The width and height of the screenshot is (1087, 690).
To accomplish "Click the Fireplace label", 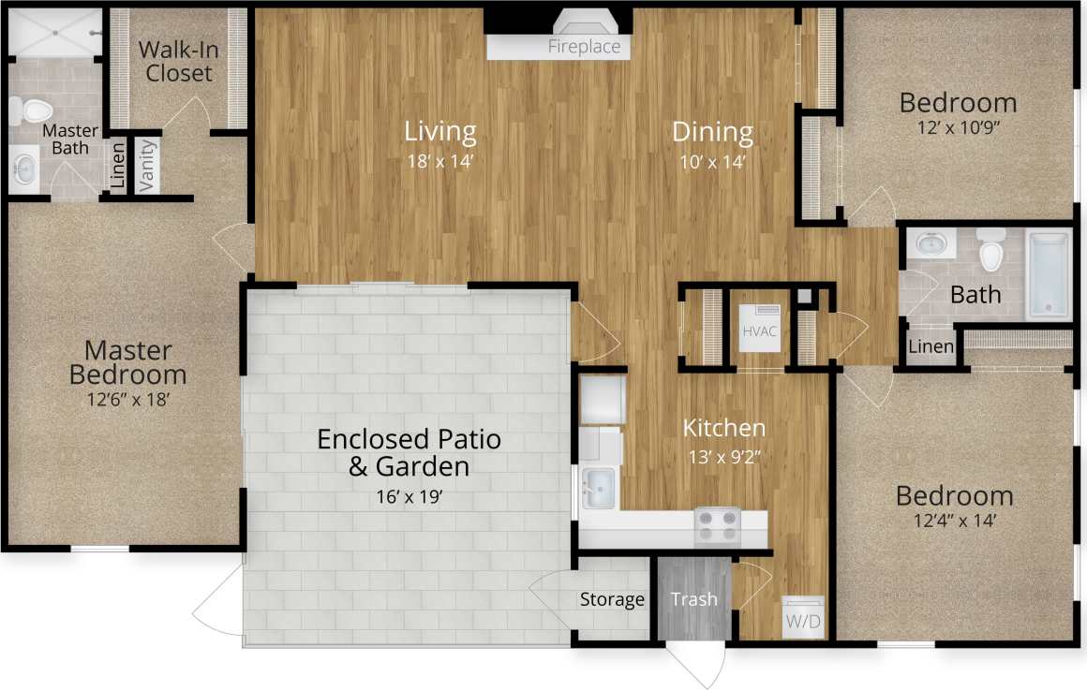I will (x=584, y=47).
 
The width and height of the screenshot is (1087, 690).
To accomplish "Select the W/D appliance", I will (x=805, y=618).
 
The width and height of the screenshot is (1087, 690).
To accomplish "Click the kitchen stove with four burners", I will (x=717, y=526).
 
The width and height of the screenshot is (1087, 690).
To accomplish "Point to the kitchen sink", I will (x=597, y=486).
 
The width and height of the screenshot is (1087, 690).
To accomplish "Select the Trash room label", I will (x=694, y=599).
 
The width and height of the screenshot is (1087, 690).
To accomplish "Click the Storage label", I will (x=612, y=599).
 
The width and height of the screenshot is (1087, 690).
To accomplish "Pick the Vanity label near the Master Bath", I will (x=147, y=167).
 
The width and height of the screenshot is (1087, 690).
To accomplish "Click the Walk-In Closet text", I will (x=179, y=61).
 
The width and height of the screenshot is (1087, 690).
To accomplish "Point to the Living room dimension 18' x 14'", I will (x=440, y=160).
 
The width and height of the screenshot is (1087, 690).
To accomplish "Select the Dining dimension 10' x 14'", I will (x=713, y=160).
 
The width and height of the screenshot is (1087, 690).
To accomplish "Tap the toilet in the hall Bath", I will (x=990, y=250).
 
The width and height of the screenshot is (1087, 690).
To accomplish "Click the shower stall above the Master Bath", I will (x=54, y=32).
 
